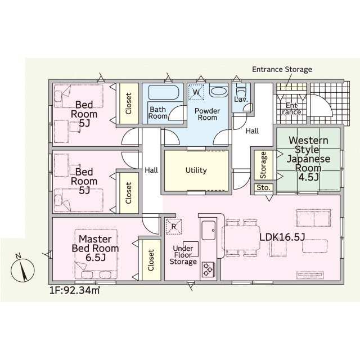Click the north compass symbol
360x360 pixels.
(x=22, y=269)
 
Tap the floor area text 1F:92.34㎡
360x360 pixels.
(x=75, y=290)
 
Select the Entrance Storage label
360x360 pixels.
(x=282, y=69)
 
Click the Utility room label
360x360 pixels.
(x=196, y=170)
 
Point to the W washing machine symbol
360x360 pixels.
(x=196, y=92)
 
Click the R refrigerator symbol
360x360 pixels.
(x=174, y=227)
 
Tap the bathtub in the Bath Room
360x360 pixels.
(x=164, y=92)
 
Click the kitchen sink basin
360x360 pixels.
(x=209, y=230)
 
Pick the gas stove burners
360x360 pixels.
(x=208, y=269)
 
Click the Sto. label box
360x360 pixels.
(x=264, y=187)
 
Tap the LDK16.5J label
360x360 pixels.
(x=282, y=237)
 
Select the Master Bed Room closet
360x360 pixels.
(x=151, y=260)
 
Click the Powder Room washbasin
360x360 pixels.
(x=219, y=91)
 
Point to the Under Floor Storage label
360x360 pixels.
(x=183, y=255)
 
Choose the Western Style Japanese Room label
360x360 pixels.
(x=308, y=159)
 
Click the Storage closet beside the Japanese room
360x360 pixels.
(x=264, y=165)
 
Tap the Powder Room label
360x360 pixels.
(x=208, y=114)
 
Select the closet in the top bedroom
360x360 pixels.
(x=129, y=103)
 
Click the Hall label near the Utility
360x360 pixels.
(x=151, y=170)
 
